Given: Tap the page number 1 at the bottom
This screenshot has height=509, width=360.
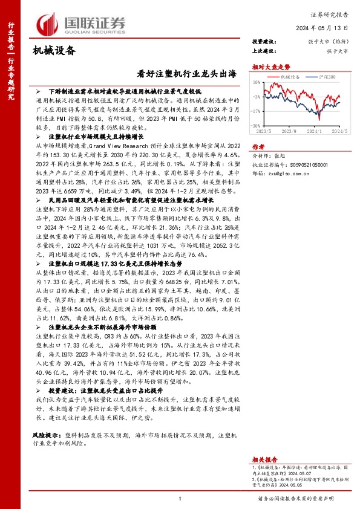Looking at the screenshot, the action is point(180,498).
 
